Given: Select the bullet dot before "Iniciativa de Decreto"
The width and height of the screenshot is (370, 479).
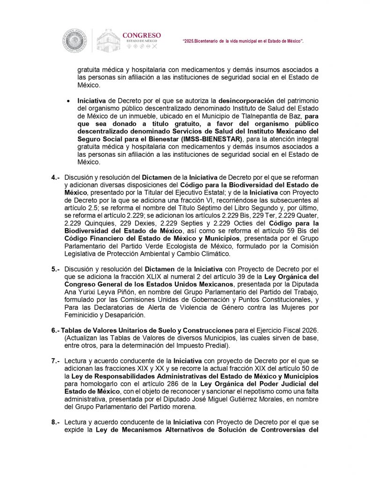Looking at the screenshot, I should click(69, 101).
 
